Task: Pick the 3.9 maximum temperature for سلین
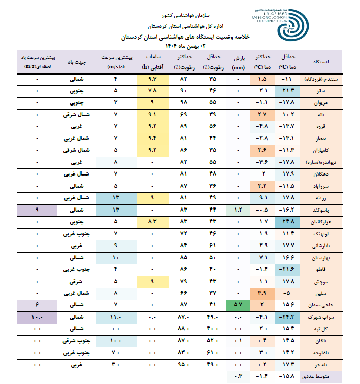point(262,293)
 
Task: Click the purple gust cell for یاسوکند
point(37,210)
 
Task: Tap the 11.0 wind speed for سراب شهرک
point(116,317)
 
